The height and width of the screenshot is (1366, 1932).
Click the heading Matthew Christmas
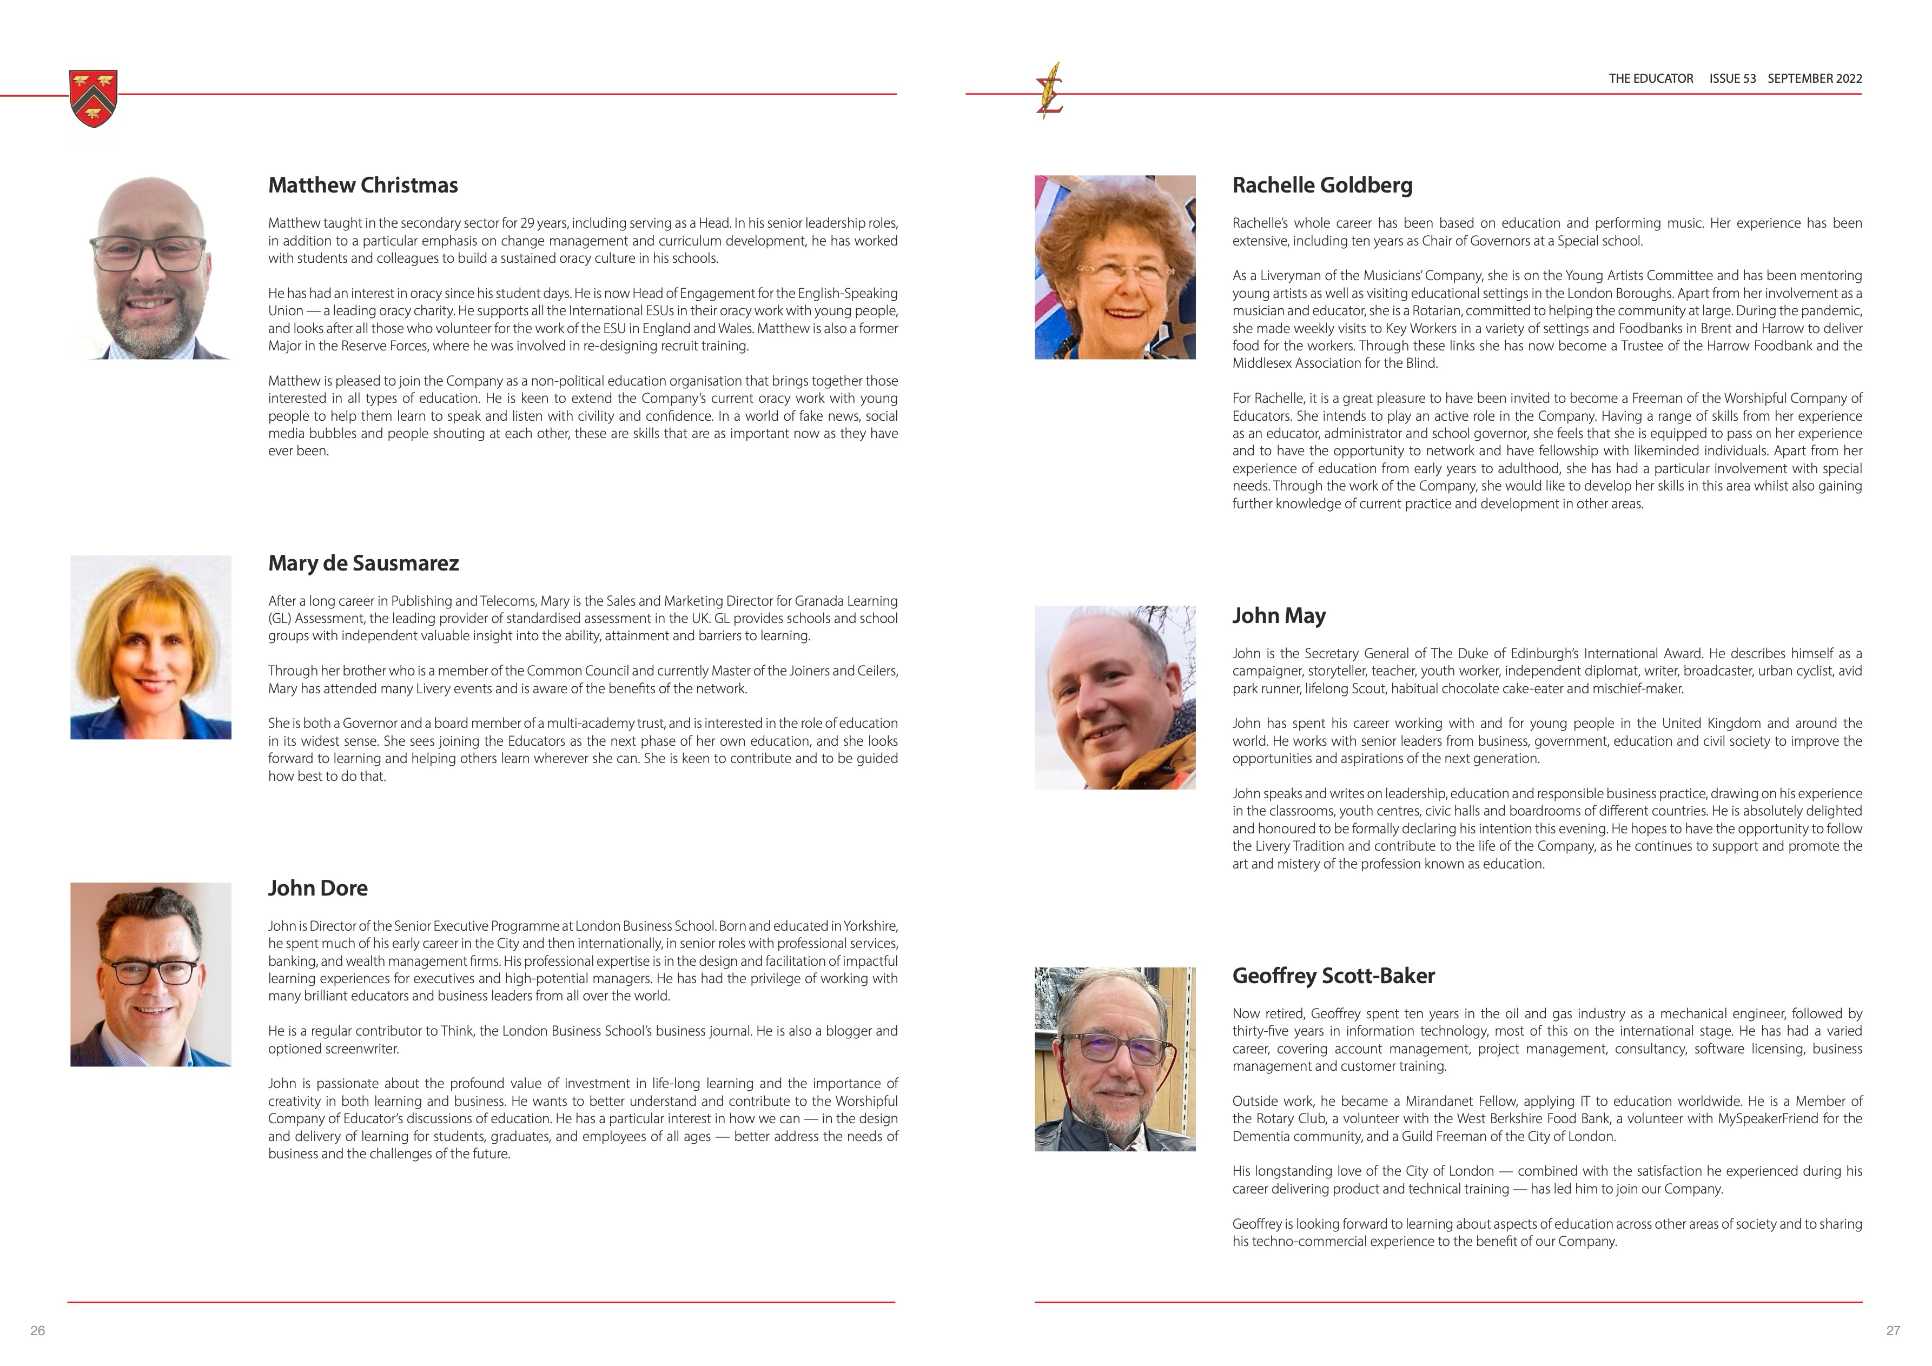tap(363, 185)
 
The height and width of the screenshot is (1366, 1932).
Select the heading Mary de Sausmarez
tap(363, 563)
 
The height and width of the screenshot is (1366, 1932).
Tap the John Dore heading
tap(317, 887)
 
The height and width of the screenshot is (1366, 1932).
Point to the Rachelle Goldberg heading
tap(1322, 185)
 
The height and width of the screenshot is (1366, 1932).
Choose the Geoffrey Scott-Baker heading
tap(1333, 975)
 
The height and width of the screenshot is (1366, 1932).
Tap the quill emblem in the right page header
tap(1049, 91)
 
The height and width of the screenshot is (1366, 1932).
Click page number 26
tap(38, 1330)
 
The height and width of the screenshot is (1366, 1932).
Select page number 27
tap(1893, 1330)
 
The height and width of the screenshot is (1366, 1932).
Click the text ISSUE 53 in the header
tap(1732, 78)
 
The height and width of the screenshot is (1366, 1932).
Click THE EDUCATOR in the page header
tap(1650, 78)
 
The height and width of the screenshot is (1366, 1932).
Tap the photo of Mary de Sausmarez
tap(150, 647)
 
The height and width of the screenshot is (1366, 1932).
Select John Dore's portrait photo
tap(150, 974)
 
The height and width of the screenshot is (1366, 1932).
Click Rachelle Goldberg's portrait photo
tap(1114, 268)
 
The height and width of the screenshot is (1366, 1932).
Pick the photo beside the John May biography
tap(1114, 697)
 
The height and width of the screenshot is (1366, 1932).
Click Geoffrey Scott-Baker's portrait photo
tap(1114, 1059)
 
